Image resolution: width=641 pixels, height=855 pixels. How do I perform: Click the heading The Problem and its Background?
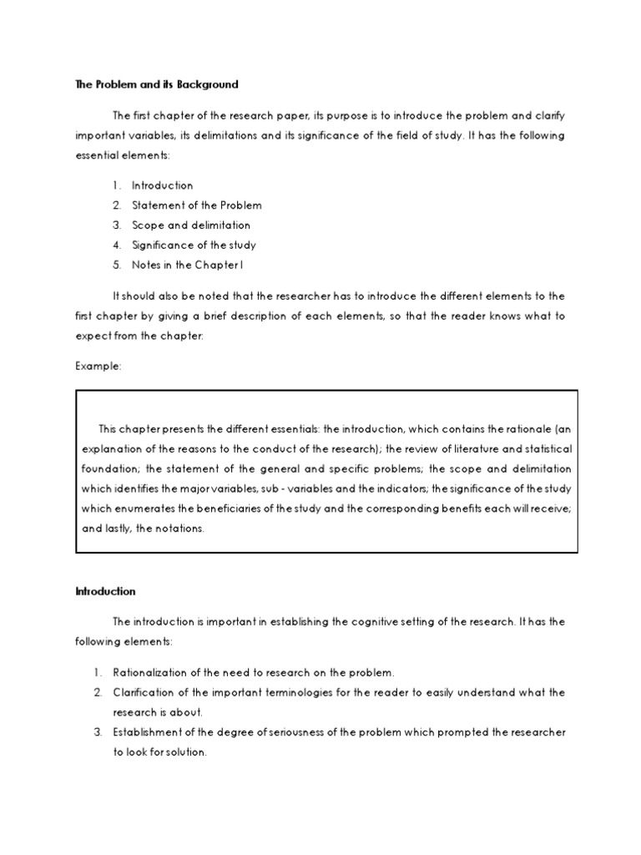coord(156,84)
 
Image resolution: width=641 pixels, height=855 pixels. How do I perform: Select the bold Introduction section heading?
coord(105,591)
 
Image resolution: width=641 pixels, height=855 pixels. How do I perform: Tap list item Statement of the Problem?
coord(196,205)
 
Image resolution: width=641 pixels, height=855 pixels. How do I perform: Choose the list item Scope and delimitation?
coord(190,225)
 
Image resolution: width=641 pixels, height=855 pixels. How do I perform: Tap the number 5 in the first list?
coord(116,266)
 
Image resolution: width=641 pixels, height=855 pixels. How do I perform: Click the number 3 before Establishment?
coord(97,732)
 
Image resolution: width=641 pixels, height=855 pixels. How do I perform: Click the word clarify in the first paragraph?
coord(548,115)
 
